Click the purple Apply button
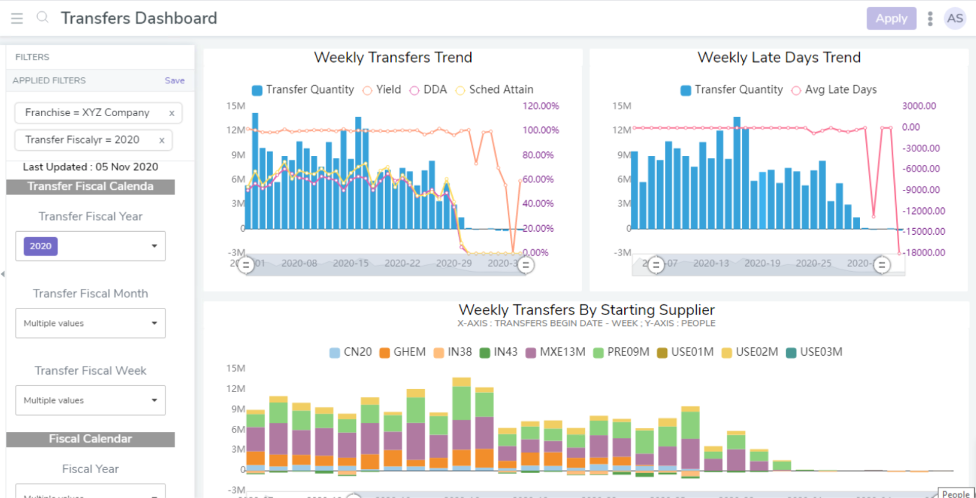(x=891, y=18)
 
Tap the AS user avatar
(x=955, y=18)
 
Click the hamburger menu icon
(x=17, y=18)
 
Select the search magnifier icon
(x=42, y=17)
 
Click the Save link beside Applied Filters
(x=174, y=80)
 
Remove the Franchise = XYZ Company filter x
(x=171, y=113)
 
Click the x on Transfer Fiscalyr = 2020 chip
(x=161, y=140)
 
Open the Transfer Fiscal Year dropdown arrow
(x=154, y=246)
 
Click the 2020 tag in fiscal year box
(x=40, y=246)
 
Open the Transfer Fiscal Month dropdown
(x=154, y=323)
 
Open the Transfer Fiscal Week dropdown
(x=154, y=400)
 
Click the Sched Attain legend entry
(x=495, y=90)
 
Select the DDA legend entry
(x=428, y=90)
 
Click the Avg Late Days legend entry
(x=834, y=90)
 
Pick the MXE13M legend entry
(x=556, y=352)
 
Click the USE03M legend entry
(x=814, y=352)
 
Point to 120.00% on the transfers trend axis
(x=540, y=106)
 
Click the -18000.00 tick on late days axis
(x=924, y=253)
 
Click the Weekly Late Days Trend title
(x=779, y=58)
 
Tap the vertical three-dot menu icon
(x=930, y=18)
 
